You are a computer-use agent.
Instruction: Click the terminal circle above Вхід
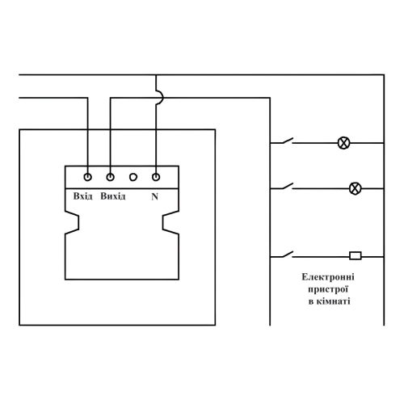pos(88,177)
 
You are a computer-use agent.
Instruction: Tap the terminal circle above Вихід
pos(110,177)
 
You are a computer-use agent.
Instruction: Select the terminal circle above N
pos(156,177)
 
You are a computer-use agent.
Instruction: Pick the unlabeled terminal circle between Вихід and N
pos(133,177)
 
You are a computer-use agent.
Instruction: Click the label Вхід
pos(82,196)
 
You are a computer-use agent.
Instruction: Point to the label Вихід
pos(113,196)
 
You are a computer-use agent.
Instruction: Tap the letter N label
pos(154,197)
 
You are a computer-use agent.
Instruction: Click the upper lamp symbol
pos(343,143)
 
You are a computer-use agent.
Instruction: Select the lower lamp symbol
pos(355,188)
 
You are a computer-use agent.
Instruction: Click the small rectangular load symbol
pos(356,255)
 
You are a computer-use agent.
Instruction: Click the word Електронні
pos(328,277)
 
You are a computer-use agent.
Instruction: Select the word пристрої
pos(328,289)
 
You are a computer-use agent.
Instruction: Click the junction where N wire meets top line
pos(156,75)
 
